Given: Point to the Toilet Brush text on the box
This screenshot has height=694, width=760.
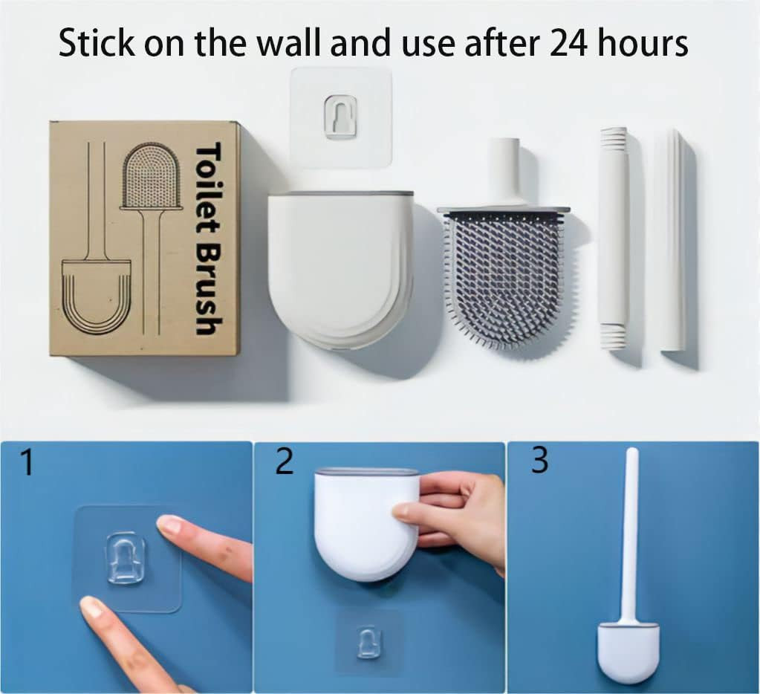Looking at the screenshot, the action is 209,238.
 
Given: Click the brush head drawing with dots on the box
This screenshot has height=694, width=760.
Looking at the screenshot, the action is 152,176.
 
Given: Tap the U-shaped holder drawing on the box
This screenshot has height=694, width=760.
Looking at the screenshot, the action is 97,296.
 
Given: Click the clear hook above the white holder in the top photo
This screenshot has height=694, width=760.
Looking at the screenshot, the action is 341,117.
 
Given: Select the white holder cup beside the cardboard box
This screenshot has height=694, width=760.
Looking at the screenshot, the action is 341,270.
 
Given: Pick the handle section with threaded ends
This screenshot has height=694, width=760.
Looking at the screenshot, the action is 614,238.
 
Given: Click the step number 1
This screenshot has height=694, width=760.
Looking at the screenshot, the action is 27,463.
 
